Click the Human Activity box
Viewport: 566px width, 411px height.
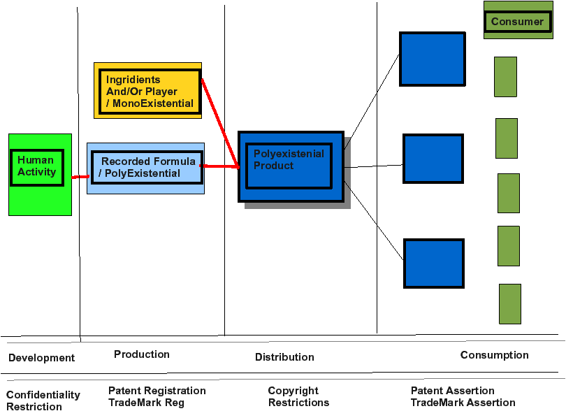click(40, 175)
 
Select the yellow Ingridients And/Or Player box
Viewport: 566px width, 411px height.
click(147, 90)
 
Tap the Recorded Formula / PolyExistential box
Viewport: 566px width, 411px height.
click(145, 168)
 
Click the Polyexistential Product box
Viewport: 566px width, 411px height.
click(291, 166)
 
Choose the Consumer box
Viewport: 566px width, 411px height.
click(518, 20)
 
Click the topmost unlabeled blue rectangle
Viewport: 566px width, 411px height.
click(433, 59)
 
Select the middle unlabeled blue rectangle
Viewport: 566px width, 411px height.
click(433, 159)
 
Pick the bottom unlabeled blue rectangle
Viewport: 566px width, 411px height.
click(434, 264)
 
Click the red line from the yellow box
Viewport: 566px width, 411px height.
click(220, 123)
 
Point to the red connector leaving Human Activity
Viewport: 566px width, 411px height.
click(80, 177)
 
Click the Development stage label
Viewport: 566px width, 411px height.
click(41, 358)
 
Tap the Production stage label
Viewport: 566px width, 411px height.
click(142, 354)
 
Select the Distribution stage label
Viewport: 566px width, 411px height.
click(284, 356)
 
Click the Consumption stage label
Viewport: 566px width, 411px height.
click(494, 355)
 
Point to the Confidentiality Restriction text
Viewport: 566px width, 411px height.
click(43, 400)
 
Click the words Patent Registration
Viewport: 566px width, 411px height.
click(157, 391)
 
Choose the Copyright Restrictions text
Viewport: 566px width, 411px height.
click(298, 396)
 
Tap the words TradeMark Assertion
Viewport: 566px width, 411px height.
click(463, 403)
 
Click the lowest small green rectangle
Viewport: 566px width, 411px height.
click(510, 304)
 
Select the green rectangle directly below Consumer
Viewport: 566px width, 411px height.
click(505, 77)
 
